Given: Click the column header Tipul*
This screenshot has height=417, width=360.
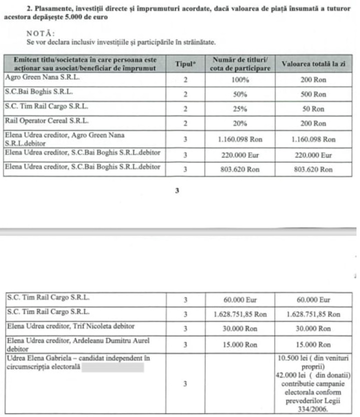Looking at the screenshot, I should (x=185, y=64).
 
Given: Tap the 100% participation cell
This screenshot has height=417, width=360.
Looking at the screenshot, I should (x=241, y=80).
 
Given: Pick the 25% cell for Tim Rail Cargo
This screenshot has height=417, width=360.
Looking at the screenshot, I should (x=241, y=108).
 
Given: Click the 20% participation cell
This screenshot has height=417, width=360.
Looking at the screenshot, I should (x=241, y=123).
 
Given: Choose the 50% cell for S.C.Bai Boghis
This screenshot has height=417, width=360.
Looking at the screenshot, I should (x=241, y=94).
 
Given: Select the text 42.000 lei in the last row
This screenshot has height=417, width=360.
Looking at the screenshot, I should (x=288, y=375).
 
